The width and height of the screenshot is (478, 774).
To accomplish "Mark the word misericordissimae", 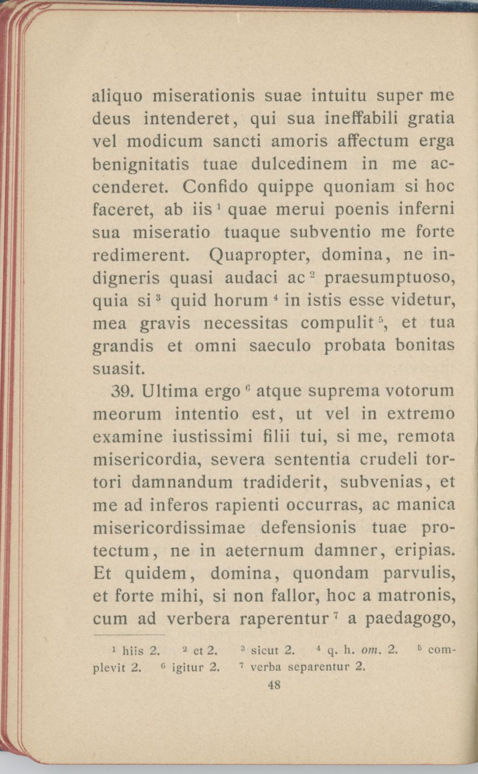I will click(169, 528).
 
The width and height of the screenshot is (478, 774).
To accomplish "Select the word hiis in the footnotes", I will click(133, 651).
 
